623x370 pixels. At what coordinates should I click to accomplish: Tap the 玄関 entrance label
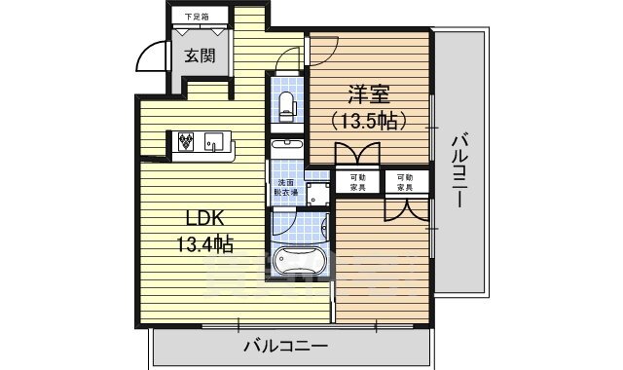point(202,55)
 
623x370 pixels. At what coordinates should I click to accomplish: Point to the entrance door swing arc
point(152,60)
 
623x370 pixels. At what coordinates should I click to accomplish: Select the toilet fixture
point(286,104)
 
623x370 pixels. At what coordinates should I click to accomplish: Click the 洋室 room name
point(369,94)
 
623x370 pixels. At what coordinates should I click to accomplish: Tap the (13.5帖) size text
point(369,121)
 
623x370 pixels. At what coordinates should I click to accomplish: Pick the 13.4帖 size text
point(204,244)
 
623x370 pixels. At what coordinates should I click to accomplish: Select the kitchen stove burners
point(187,142)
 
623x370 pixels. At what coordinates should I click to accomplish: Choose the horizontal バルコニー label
point(285,345)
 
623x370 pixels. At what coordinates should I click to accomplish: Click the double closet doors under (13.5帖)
point(355,157)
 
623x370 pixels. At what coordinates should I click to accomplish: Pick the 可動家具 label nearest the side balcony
point(404,182)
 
